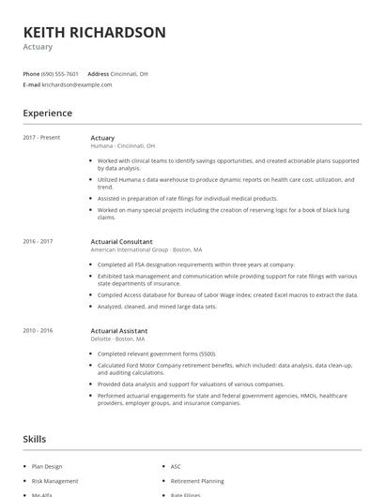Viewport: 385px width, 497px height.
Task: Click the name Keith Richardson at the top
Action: click(94, 32)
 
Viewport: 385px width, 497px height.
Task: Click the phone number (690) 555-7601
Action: click(59, 73)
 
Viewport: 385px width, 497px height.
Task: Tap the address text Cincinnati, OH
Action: click(129, 73)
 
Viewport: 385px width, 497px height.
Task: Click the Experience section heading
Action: click(47, 113)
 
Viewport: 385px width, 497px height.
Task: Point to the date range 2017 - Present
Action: click(41, 138)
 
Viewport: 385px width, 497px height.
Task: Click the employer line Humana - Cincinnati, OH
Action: click(123, 146)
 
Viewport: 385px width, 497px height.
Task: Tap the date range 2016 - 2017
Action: click(38, 242)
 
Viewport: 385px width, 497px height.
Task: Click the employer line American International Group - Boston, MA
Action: click(146, 250)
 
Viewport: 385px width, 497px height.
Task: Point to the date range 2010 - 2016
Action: click(38, 331)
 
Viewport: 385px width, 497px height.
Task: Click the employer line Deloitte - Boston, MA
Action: click(117, 339)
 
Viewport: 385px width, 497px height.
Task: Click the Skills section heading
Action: click(35, 439)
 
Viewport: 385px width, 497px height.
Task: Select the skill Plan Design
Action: click(47, 466)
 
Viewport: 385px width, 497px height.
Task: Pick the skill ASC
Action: click(176, 466)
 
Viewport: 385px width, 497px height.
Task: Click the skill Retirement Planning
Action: click(197, 480)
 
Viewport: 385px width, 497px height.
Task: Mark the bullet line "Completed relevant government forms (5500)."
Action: click(156, 354)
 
